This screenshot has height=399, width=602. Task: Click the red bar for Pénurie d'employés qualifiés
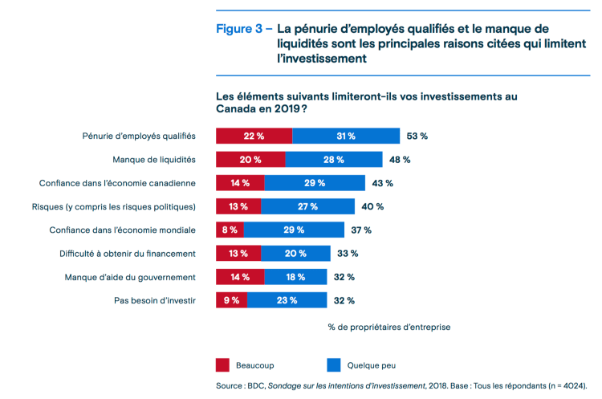click(x=254, y=136)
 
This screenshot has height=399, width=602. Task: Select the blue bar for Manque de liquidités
click(x=334, y=159)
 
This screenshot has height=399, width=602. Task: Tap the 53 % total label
click(x=417, y=136)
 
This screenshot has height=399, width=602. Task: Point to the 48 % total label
click(x=400, y=159)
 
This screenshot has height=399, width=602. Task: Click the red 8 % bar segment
click(x=230, y=230)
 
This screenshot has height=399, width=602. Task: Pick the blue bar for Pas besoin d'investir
click(x=287, y=300)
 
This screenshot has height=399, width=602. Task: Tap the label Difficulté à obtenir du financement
click(x=128, y=254)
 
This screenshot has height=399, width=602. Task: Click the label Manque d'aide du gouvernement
click(x=130, y=277)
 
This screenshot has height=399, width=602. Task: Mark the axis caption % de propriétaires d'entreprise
click(x=388, y=327)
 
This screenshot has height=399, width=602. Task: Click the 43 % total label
click(x=382, y=183)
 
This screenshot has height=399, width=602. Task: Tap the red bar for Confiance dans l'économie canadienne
click(x=240, y=183)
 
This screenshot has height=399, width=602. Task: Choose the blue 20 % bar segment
click(x=295, y=254)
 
